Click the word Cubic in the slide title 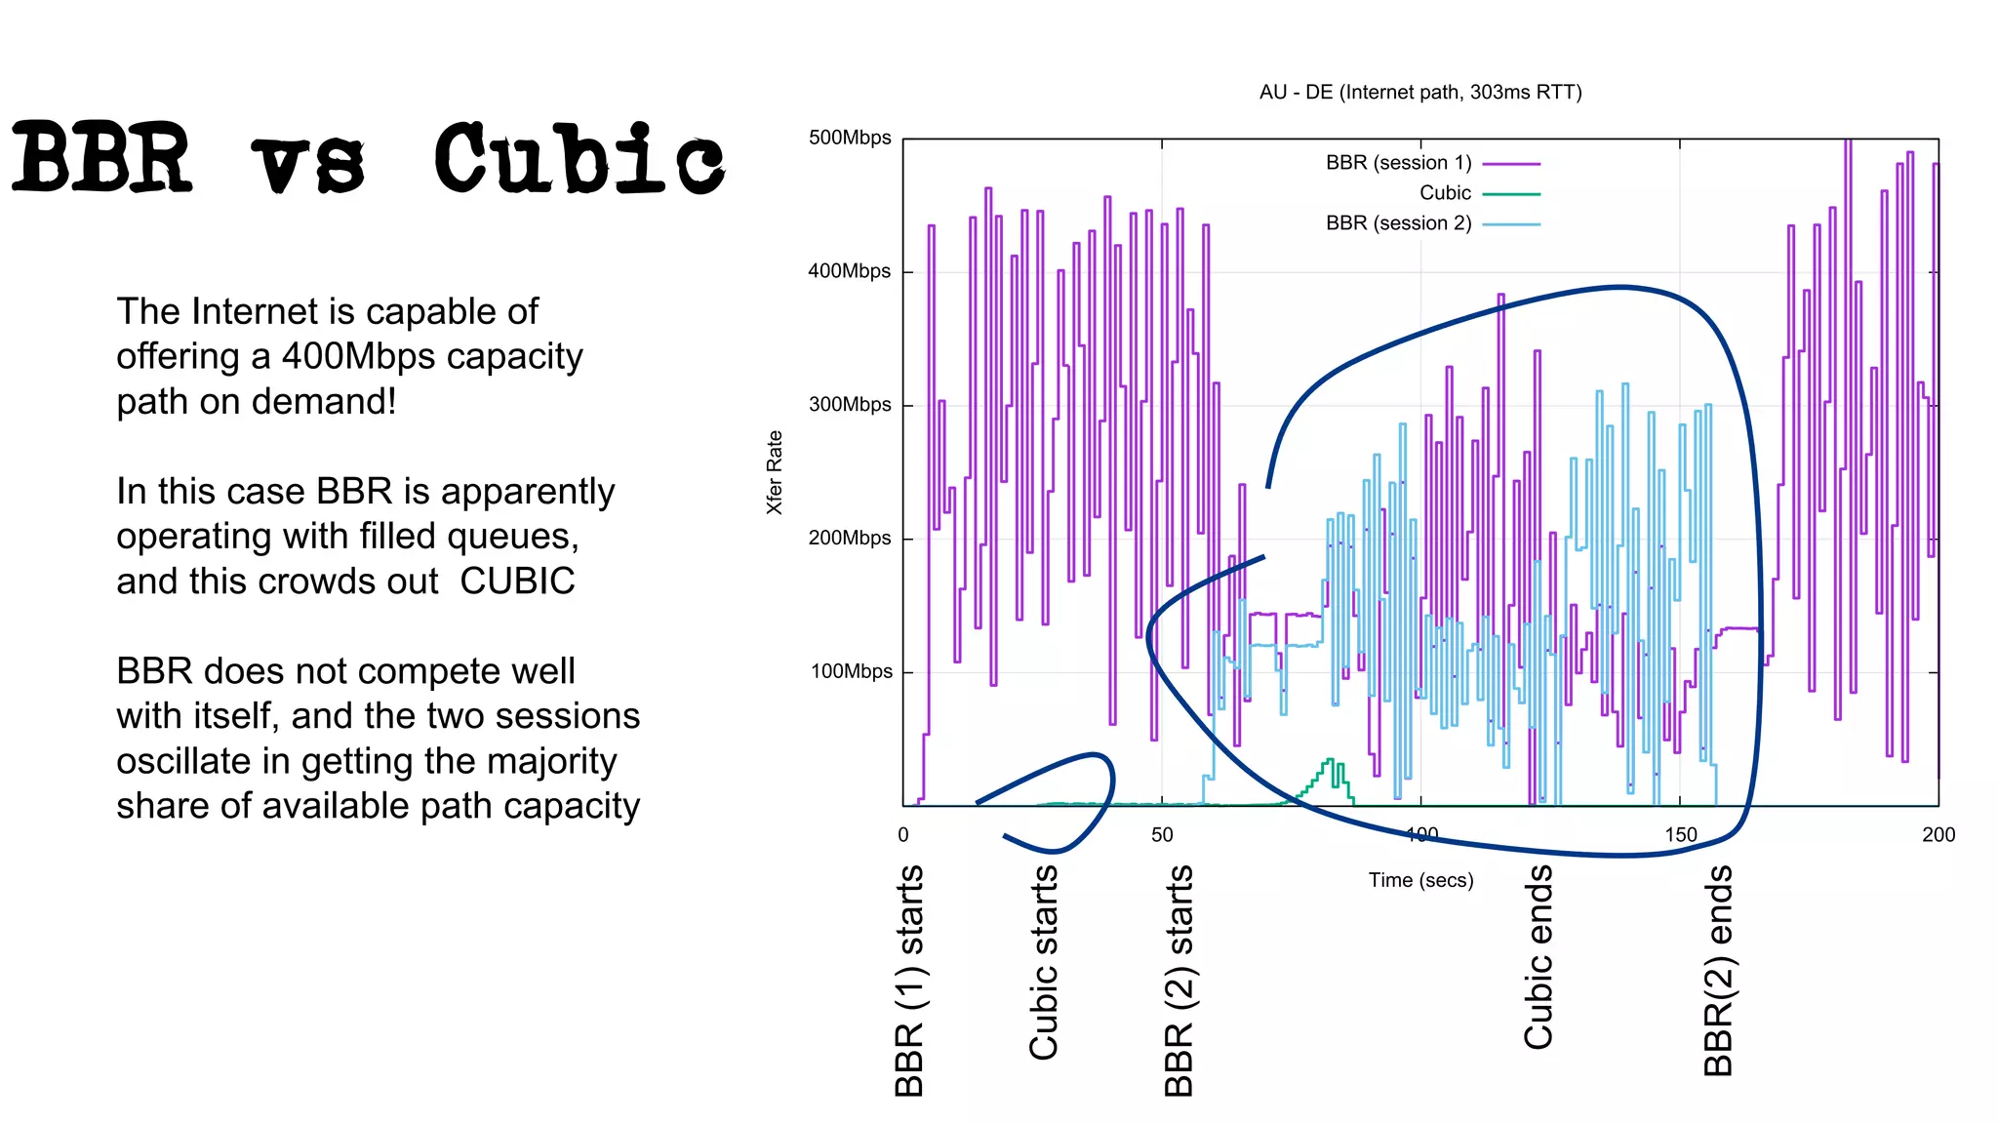(579, 159)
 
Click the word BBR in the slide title (101, 159)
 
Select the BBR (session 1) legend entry (1398, 163)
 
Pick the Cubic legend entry (1445, 193)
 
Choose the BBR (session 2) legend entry (1398, 223)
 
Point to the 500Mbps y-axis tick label (850, 138)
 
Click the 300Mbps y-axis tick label (850, 405)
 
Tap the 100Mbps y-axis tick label (851, 671)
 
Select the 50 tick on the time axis (1162, 835)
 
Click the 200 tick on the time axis (1938, 835)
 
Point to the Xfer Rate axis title (775, 472)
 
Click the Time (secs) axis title (1420, 880)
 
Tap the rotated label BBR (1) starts (908, 981)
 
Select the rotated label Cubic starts (1043, 962)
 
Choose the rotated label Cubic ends (1538, 957)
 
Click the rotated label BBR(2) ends (1718, 971)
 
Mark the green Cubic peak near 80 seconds (1329, 761)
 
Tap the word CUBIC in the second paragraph (517, 581)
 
